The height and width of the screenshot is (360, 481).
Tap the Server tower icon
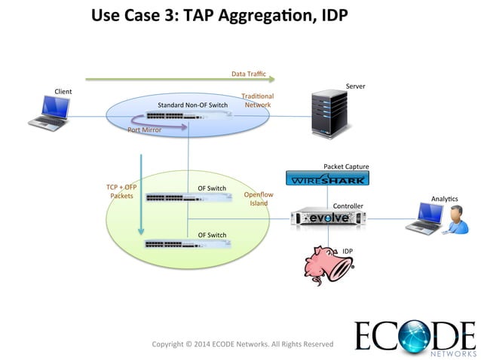click(330, 114)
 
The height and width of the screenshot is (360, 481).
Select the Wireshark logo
click(327, 179)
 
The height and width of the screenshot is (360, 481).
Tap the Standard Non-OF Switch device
click(188, 116)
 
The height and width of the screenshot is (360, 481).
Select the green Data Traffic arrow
click(181, 78)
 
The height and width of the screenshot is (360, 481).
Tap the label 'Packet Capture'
click(346, 166)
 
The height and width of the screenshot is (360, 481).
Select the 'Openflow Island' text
click(259, 199)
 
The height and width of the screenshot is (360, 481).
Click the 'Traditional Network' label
click(257, 100)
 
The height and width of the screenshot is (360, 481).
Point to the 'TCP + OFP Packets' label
click(121, 191)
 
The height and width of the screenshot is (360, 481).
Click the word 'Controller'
click(348, 206)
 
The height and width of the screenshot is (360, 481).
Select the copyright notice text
click(242, 344)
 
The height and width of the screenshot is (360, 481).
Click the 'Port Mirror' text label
click(144, 130)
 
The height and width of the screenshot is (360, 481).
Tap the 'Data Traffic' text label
click(249, 73)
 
